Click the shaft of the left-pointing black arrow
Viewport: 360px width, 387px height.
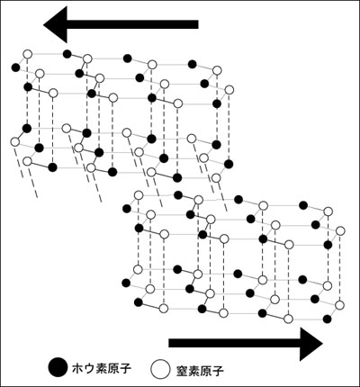[x=132, y=24]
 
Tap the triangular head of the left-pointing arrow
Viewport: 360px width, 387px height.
[x=57, y=24]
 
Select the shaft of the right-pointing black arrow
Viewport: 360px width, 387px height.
[x=235, y=343]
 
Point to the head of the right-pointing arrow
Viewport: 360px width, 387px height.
[x=310, y=344]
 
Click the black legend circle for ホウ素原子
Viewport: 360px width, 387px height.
[x=58, y=367]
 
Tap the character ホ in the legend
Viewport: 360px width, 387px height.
[x=79, y=368]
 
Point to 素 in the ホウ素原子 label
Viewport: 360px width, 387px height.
[x=102, y=368]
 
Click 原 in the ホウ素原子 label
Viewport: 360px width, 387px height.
[x=113, y=368]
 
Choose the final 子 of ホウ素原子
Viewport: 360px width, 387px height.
[x=125, y=368]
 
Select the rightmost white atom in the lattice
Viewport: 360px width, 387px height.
[x=340, y=230]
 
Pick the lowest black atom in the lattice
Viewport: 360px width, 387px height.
[x=328, y=319]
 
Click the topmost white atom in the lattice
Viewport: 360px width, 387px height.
[x=28, y=54]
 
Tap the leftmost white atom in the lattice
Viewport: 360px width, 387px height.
[x=14, y=141]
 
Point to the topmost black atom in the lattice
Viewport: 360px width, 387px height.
[x=67, y=54]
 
